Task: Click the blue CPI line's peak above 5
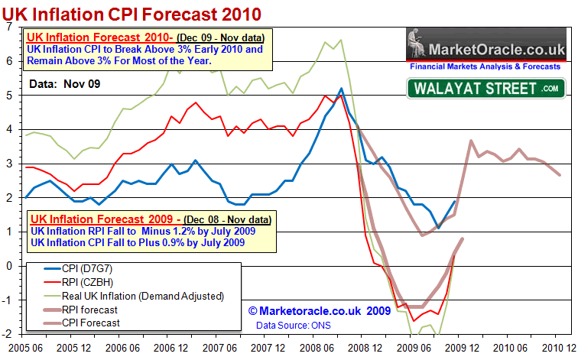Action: click(x=340, y=89)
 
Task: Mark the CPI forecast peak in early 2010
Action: click(x=471, y=141)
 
